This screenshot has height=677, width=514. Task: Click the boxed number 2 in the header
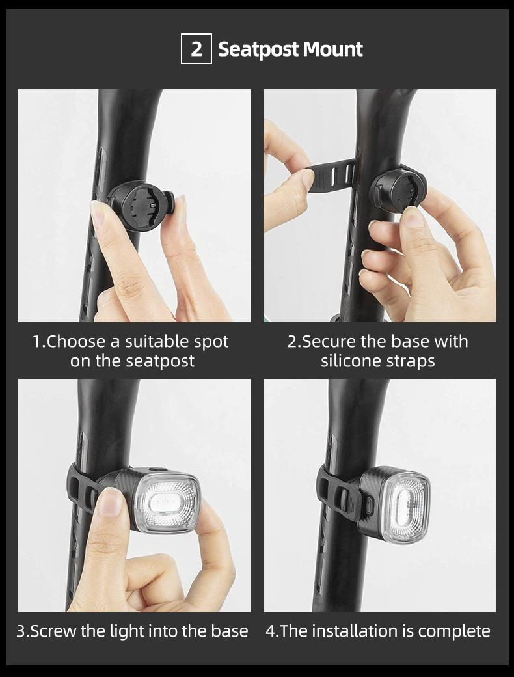coord(196,49)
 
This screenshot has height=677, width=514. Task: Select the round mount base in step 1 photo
coord(139,204)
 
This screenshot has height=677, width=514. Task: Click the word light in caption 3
coord(129,631)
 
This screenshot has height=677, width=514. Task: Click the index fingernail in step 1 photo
coord(98,213)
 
